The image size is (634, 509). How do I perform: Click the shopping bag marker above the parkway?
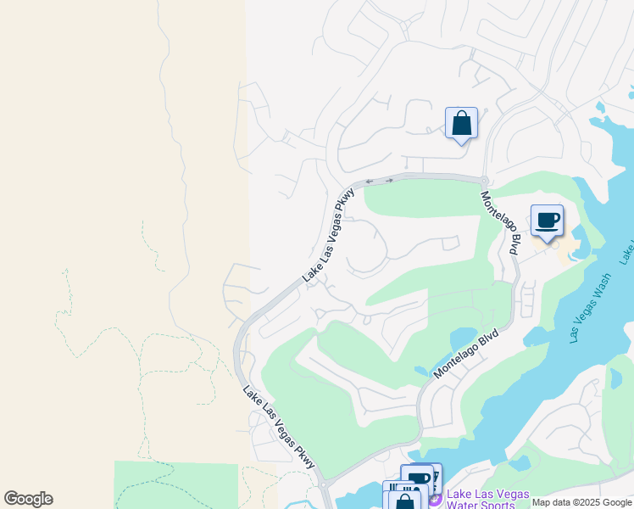[461, 124]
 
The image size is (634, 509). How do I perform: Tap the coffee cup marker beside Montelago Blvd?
[547, 222]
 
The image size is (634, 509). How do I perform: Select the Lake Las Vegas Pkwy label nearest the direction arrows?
[328, 235]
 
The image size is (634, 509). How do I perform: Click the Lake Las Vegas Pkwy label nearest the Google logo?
[279, 428]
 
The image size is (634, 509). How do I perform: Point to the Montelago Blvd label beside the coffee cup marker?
[500, 223]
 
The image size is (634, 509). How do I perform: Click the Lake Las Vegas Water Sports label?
[487, 499]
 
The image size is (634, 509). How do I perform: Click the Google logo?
[28, 499]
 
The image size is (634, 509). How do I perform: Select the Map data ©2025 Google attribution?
[581, 502]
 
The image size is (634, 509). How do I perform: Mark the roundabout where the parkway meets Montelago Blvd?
[483, 180]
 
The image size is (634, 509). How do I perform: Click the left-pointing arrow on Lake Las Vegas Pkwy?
[369, 181]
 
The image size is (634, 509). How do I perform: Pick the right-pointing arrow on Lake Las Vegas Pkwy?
[389, 180]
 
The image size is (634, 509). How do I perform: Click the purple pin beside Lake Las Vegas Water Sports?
[435, 500]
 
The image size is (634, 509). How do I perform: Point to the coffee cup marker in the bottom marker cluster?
[417, 479]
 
